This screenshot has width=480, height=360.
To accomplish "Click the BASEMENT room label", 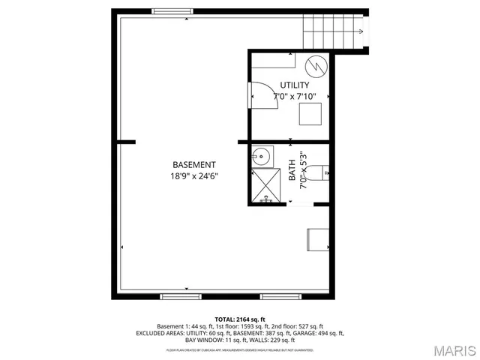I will [194, 165].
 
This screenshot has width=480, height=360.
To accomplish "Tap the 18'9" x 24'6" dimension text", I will [194, 177].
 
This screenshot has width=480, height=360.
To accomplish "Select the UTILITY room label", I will [295, 85].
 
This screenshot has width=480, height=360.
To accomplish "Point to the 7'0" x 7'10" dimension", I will [295, 97].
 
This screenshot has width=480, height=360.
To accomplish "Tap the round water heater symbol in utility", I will [319, 67].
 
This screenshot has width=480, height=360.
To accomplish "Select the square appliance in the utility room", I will [311, 114].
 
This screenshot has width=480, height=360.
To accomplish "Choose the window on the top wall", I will [171, 11].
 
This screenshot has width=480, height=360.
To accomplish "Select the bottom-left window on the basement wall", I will [181, 296].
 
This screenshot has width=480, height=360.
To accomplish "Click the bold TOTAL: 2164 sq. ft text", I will [240, 319].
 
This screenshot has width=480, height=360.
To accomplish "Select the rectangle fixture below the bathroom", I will [316, 239].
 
